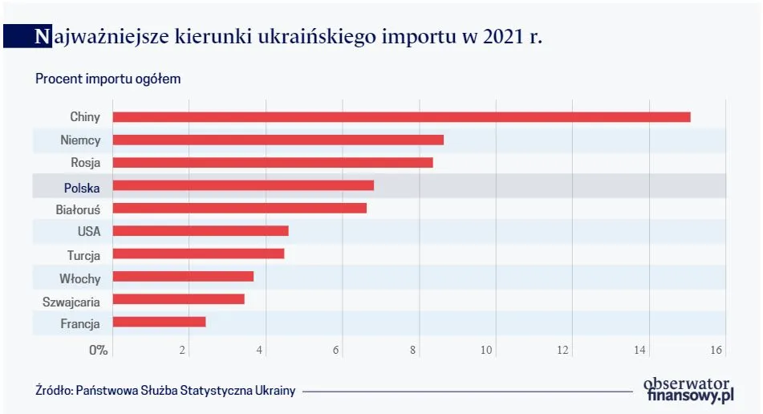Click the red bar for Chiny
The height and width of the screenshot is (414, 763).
coord(401,117)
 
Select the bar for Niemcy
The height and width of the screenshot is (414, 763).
coord(278,140)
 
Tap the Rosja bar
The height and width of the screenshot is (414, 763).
coord(273,163)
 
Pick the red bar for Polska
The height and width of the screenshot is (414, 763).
coord(243,186)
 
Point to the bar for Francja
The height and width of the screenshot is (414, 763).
coord(159,322)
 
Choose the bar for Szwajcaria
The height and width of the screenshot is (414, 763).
coord(178,299)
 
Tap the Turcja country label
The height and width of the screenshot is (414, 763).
coord(83,255)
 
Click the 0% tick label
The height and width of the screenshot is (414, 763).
coord(98,350)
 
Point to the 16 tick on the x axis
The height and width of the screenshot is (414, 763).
coord(716,350)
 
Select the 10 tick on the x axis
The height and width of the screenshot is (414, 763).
coord(486,350)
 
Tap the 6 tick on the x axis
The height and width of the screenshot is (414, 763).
coord(335,350)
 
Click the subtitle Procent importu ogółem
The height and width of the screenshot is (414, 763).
coord(108,79)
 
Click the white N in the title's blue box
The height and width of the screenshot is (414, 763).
coord(40,36)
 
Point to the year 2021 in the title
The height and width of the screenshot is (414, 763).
coord(505,36)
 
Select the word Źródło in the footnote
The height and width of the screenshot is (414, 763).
coord(53,391)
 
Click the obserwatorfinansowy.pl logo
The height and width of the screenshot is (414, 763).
coord(689,388)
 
